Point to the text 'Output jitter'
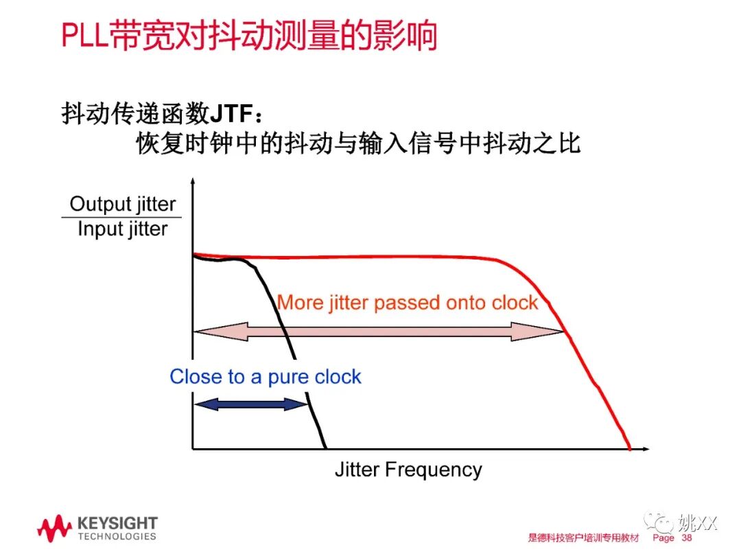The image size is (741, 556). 123,204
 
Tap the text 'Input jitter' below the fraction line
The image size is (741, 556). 122,229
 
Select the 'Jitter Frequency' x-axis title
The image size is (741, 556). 408,470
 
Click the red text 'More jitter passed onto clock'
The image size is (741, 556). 408,303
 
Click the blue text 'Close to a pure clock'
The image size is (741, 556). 265,376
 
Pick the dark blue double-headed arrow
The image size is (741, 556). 251,404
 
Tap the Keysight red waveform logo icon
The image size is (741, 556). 54,529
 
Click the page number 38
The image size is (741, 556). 687,538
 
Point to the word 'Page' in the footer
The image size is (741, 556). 663,538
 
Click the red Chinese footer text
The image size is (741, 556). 583,538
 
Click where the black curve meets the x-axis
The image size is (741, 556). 325,448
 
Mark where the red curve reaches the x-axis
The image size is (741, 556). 629,448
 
